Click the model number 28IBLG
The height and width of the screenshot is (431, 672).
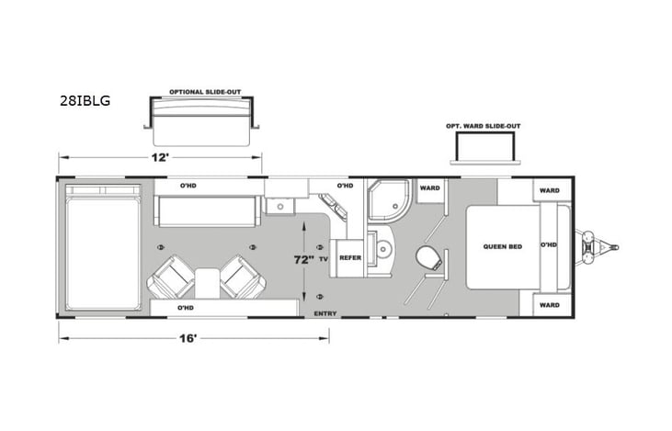(85, 101)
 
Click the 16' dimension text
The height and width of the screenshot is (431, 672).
(188, 338)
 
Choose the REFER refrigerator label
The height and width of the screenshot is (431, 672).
(349, 258)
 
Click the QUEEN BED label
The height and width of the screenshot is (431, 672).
(502, 246)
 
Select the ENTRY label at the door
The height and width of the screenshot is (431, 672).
(325, 314)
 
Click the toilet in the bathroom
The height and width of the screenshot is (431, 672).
(427, 256)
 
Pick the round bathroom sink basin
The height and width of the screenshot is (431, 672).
(382, 250)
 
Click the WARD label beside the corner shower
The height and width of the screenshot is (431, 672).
(429, 188)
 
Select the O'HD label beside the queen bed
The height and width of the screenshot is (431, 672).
(548, 245)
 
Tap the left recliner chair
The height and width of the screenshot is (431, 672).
(171, 278)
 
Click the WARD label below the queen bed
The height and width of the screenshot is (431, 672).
(549, 304)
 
